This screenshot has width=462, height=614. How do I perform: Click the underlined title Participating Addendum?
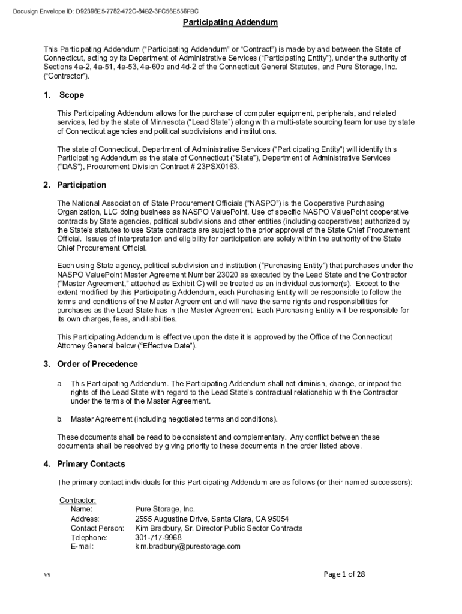tap(230, 22)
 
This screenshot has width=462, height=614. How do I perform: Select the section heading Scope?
tap(71, 95)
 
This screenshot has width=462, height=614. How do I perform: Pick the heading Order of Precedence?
tap(97, 364)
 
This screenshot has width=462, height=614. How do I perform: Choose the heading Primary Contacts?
tap(91, 463)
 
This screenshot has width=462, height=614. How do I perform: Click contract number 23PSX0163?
tap(217, 167)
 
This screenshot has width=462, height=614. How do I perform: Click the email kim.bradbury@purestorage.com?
tap(188, 546)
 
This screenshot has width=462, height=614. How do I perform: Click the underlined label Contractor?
tap(77, 500)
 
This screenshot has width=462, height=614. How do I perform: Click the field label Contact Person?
tap(97, 528)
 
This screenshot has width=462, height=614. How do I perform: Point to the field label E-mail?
tap(82, 546)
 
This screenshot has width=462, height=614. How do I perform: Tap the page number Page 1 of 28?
tap(344, 574)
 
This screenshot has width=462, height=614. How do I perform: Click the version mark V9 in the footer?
tap(47, 575)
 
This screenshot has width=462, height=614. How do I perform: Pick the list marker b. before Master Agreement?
tap(60, 418)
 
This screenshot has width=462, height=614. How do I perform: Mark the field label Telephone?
tap(89, 537)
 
